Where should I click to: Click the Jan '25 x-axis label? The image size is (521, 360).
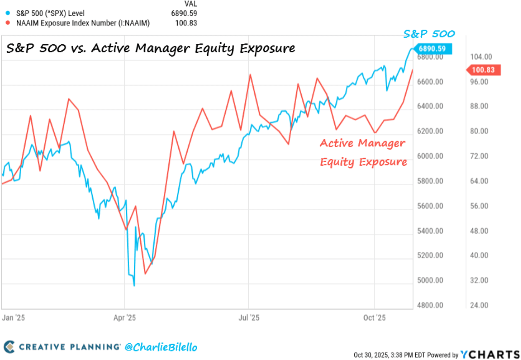[x=14, y=317]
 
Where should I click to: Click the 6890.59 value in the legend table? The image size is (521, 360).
[x=185, y=13]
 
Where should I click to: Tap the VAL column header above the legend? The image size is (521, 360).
[x=190, y=4]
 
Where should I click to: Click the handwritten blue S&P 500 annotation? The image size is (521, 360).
[x=429, y=34]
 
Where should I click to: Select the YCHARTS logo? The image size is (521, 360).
[x=489, y=355]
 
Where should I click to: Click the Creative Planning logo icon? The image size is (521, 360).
[x=9, y=347]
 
